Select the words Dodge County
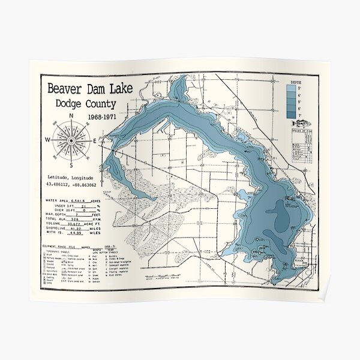(x=86, y=104)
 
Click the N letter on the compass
(x=71, y=116)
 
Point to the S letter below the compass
(x=71, y=165)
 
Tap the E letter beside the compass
(x=95, y=140)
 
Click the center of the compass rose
(x=71, y=140)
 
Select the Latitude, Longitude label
(x=70, y=178)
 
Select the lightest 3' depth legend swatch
(x=290, y=88)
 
